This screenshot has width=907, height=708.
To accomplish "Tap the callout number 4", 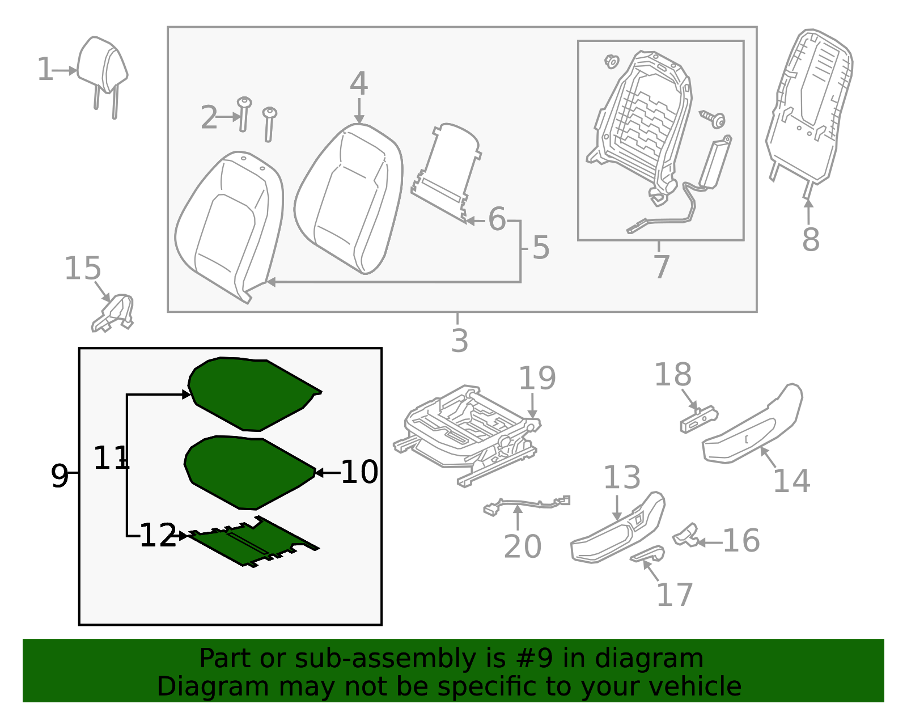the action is (x=359, y=83).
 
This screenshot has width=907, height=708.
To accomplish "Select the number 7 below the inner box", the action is (x=662, y=267).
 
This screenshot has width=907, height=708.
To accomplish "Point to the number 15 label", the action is (x=83, y=268).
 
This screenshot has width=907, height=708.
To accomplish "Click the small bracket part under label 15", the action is (x=113, y=313).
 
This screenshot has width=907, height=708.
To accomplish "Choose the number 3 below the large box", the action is (x=460, y=341).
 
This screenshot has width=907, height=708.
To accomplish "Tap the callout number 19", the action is (x=537, y=378).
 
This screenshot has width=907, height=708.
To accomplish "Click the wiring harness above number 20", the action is (x=527, y=505).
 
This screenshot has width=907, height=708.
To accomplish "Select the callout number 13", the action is (x=622, y=477).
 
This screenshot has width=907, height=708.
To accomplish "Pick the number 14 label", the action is (x=792, y=481).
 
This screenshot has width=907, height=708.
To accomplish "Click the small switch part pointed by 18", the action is (x=699, y=421).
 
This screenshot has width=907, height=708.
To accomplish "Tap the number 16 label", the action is (x=741, y=541).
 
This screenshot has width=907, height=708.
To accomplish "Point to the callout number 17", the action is (x=675, y=595).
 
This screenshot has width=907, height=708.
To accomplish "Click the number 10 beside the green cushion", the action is (x=359, y=472).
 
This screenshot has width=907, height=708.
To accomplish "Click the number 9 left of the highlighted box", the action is (x=60, y=476).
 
